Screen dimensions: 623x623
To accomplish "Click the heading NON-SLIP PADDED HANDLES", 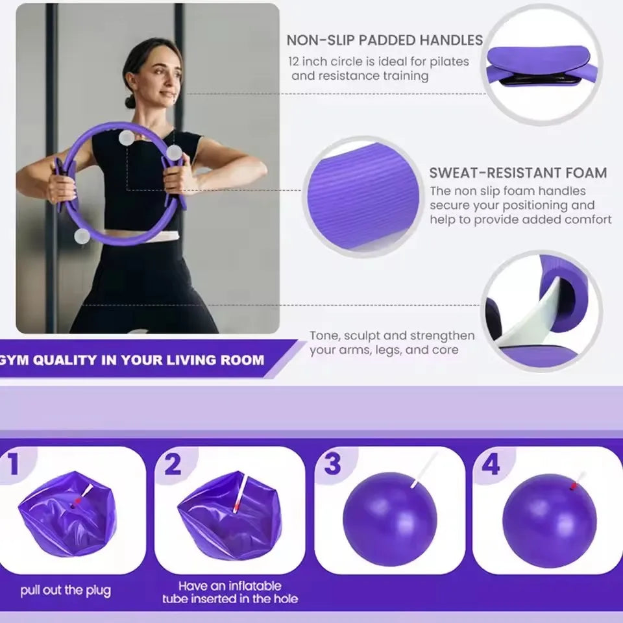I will click(384, 40).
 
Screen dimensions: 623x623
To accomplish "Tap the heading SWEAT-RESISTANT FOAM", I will click(518, 173).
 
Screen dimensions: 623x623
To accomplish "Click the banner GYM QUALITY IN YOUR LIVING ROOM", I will click(133, 360).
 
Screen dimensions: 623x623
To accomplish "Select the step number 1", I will click(14, 465).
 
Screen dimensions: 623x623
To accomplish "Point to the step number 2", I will click(173, 465).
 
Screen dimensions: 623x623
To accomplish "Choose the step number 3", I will click(332, 465).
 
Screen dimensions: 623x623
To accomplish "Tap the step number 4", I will click(491, 465).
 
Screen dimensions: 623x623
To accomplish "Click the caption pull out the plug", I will click(66, 591).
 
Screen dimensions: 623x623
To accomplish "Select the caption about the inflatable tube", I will click(230, 592).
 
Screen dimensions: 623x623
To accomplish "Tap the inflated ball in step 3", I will click(389, 519).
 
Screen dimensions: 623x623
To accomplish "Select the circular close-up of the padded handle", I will click(543, 64).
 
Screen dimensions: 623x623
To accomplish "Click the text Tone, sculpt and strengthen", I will click(392, 336).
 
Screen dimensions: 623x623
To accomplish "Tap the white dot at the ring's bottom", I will click(82, 236).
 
